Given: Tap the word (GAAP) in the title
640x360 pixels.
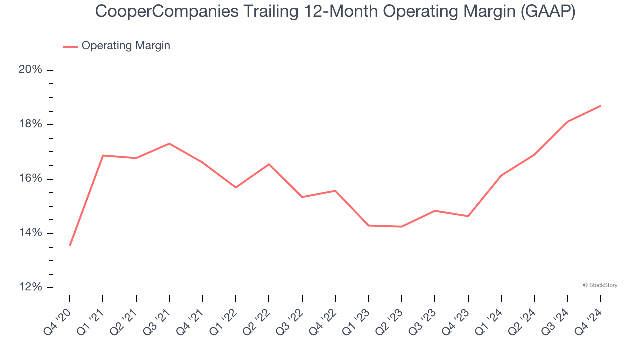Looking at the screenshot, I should tap(548, 11).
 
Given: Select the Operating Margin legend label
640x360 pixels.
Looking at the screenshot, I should tap(126, 46).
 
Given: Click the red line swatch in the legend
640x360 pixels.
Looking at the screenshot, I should tap(70, 46).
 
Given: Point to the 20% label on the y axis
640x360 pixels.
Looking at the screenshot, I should tap(30, 70).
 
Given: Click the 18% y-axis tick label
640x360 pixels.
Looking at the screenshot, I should tap(30, 124).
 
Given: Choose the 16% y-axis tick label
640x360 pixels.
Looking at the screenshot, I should tap(30, 179).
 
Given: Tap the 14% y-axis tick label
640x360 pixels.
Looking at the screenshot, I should tap(30, 233).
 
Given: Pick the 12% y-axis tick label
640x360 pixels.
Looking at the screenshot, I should tap(30, 288).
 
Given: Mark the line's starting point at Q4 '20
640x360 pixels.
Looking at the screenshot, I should tap(70, 245).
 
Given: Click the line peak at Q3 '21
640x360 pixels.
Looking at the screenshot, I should tap(169, 144).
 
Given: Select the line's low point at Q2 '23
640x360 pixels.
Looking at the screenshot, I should tap(401, 227).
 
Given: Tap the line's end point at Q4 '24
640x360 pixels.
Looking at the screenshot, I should tap(600, 106).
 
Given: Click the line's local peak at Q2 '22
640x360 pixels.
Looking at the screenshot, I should tap(269, 164).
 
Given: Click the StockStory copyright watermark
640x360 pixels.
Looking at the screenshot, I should tap(600, 285).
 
